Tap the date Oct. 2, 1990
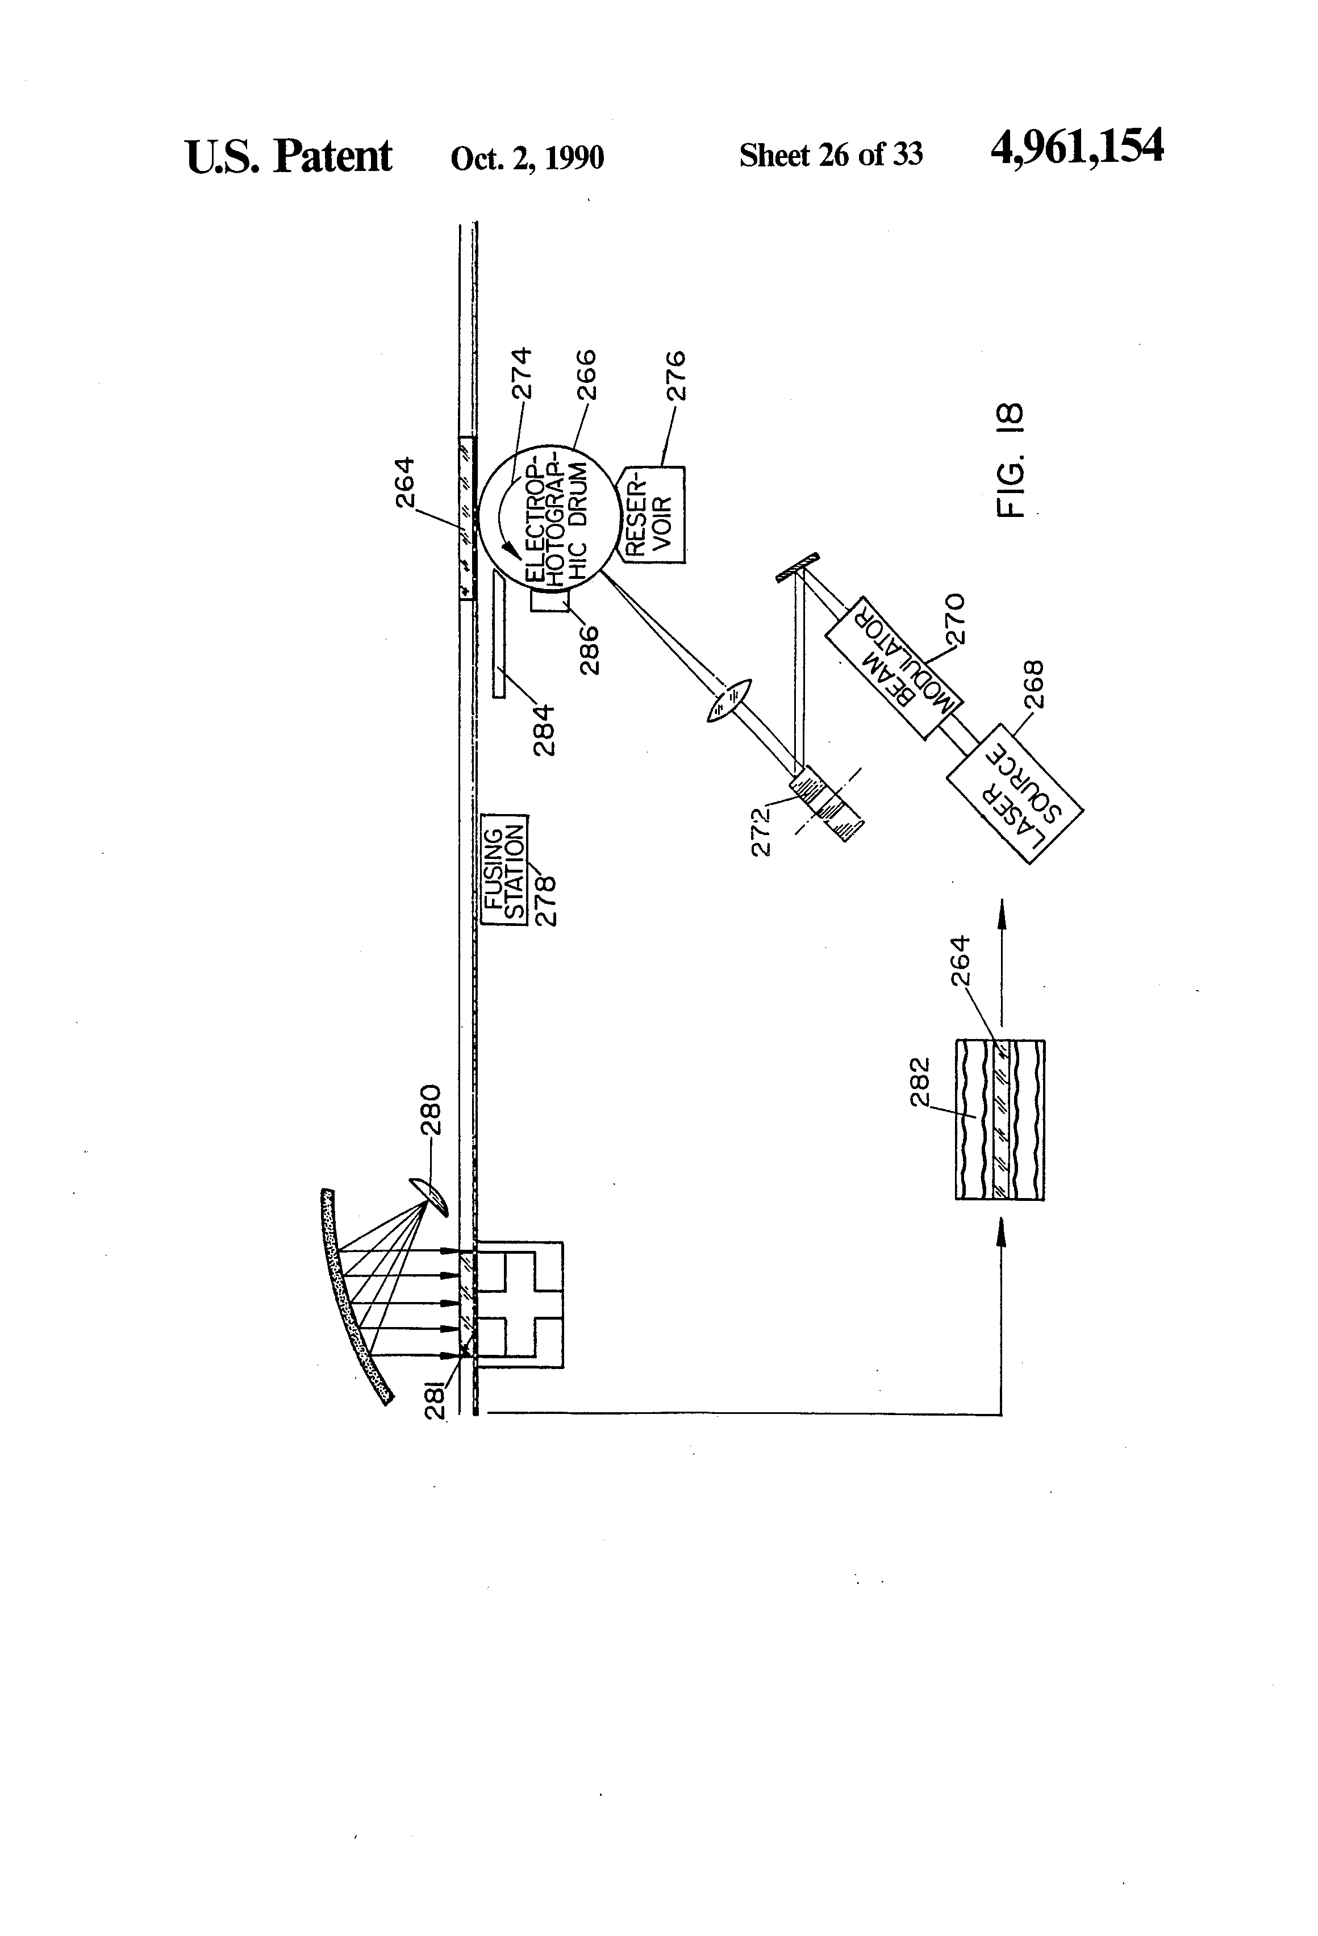click(x=527, y=157)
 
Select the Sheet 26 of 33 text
click(x=831, y=155)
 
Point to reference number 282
click(x=920, y=1081)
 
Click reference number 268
click(x=1034, y=684)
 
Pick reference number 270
click(x=956, y=618)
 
